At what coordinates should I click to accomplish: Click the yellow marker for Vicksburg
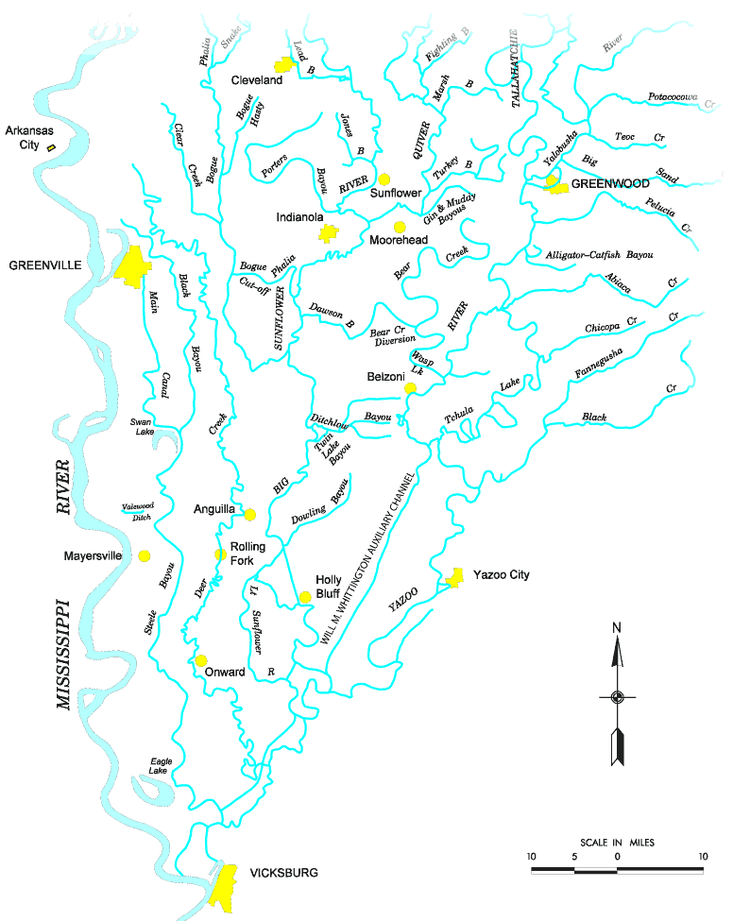coord(224,884)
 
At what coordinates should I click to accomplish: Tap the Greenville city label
coord(43,265)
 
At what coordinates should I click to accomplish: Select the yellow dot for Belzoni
coord(410,388)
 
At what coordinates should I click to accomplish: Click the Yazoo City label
coord(501,574)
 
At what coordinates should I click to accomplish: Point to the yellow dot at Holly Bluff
coord(304,597)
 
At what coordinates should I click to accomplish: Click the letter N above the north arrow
coord(616,628)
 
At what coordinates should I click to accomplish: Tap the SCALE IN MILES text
coord(617,842)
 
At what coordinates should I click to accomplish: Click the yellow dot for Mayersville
coord(145,556)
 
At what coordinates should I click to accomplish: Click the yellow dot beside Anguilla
coord(249,515)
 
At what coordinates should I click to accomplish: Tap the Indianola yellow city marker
coord(328,233)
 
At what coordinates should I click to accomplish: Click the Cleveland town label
coord(257,81)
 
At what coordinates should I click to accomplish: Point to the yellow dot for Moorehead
coord(400,227)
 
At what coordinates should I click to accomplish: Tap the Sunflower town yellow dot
coord(384,178)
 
